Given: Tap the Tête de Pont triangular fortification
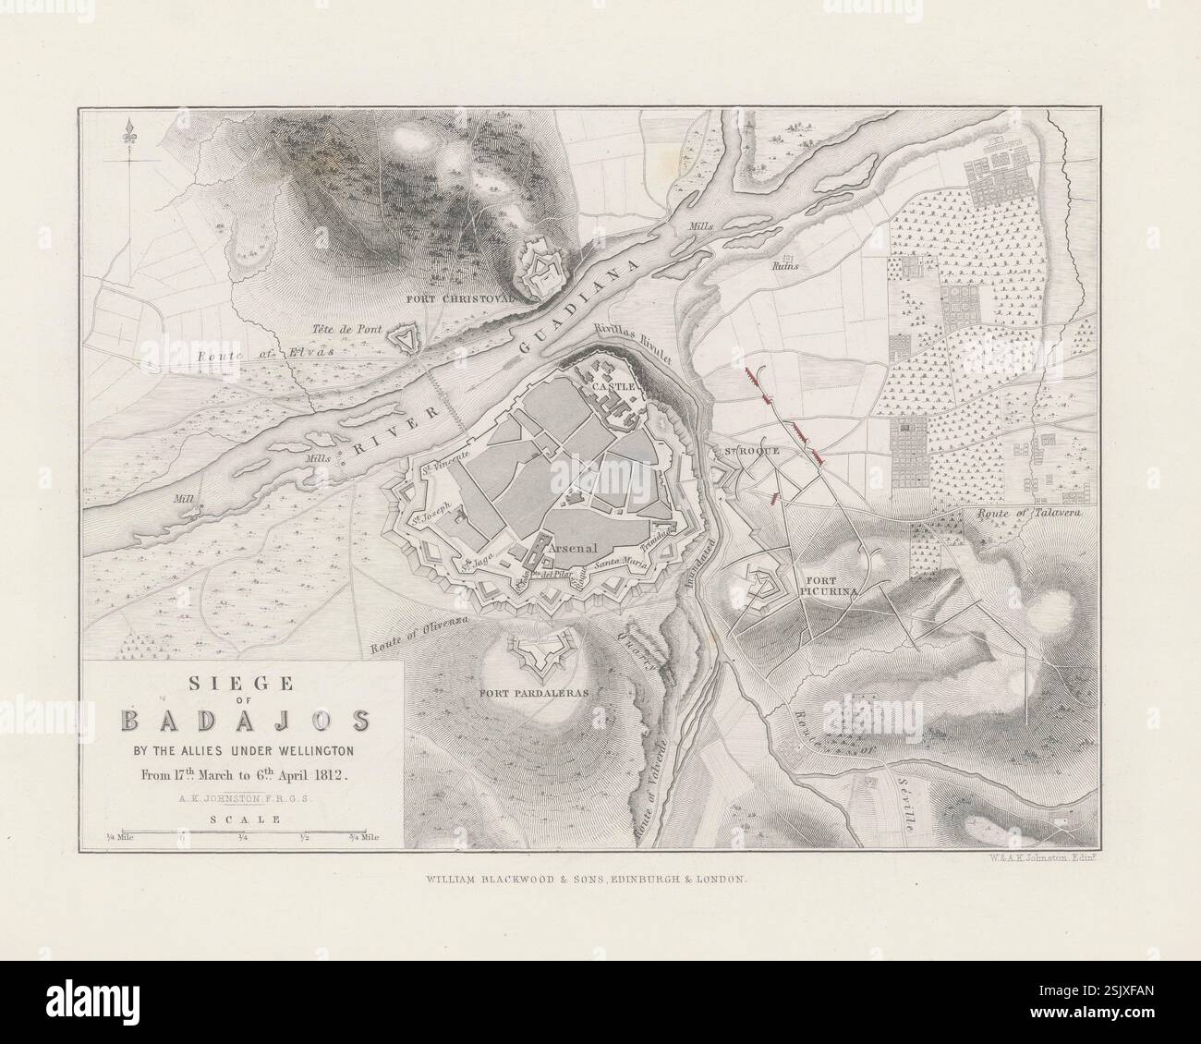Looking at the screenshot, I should click(404, 339).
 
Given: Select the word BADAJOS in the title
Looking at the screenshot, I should click(244, 720).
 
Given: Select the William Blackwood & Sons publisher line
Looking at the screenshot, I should click(584, 880).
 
